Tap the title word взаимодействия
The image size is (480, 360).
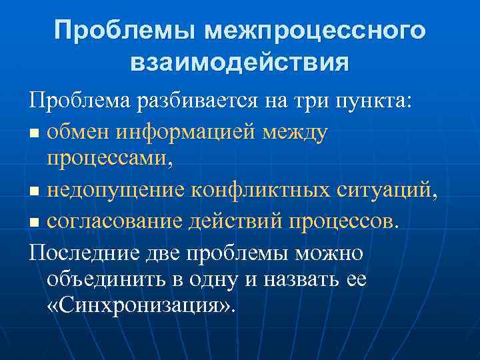click(239, 63)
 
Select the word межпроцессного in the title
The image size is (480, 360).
click(315, 31)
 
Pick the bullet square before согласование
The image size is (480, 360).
click(35, 221)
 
